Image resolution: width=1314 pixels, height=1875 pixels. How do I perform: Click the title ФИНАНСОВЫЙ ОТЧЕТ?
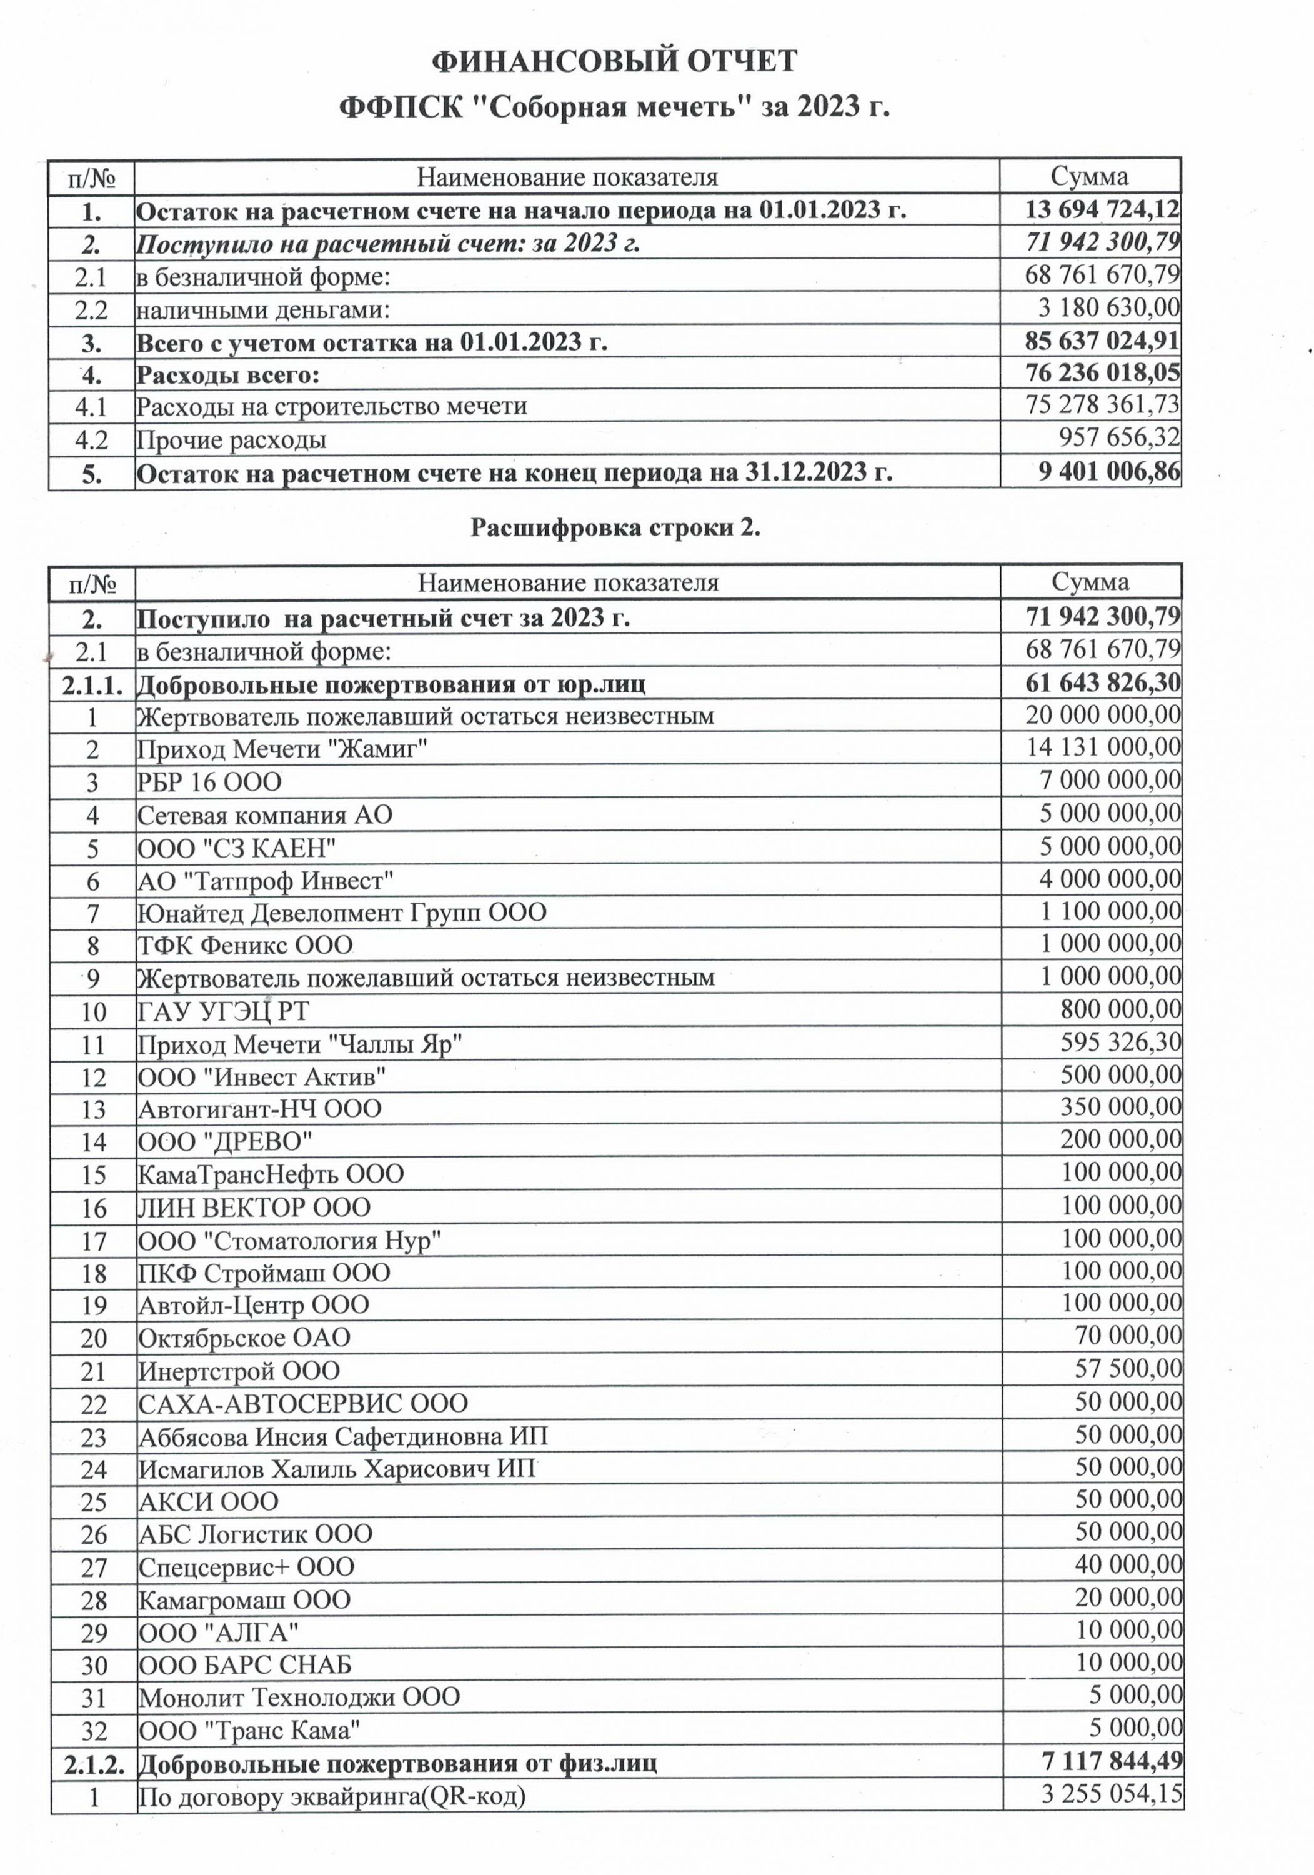(x=614, y=61)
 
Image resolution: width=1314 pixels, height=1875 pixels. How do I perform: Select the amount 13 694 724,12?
(x=1102, y=210)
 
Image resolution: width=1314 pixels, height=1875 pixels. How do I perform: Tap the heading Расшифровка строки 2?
(x=615, y=528)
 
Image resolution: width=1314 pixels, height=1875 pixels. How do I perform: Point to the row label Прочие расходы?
(x=231, y=440)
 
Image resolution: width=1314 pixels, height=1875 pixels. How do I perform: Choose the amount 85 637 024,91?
(x=1102, y=341)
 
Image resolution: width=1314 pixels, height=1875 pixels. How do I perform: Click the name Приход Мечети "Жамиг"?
(x=282, y=748)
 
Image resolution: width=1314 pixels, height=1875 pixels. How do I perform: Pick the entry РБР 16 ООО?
(x=209, y=781)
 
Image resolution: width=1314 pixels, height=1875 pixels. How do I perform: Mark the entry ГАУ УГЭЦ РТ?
(x=223, y=1011)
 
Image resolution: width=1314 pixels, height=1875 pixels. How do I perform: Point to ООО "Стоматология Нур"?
(x=289, y=1241)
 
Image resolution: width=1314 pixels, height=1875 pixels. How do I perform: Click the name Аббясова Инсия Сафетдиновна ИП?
(x=343, y=1436)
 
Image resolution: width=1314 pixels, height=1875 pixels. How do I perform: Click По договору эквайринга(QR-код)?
(x=331, y=1773)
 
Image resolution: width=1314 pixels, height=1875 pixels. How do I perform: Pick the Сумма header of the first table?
(x=1090, y=176)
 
